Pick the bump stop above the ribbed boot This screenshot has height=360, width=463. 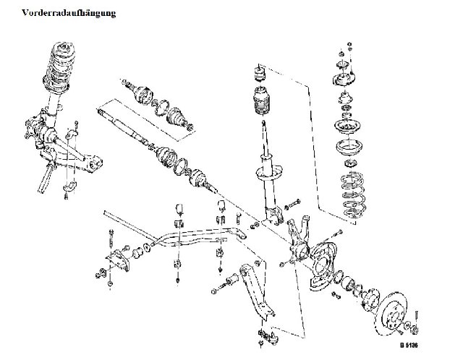(258, 74)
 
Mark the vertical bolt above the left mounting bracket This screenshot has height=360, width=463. (109, 236)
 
